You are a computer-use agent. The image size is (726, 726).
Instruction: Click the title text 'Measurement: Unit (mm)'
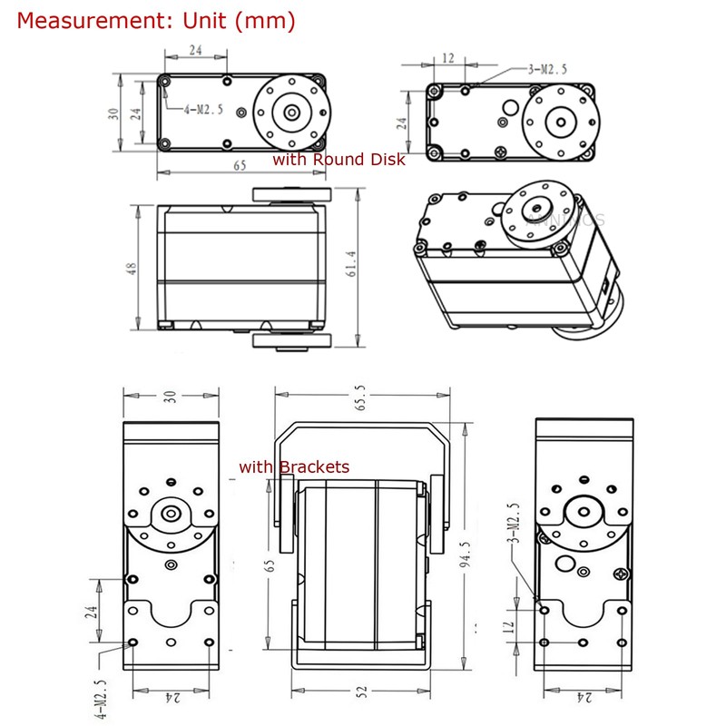(x=155, y=20)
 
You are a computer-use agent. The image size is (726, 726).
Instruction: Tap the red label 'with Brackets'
(x=294, y=467)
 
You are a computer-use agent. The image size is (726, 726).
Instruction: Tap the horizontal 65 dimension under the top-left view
(x=240, y=166)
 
